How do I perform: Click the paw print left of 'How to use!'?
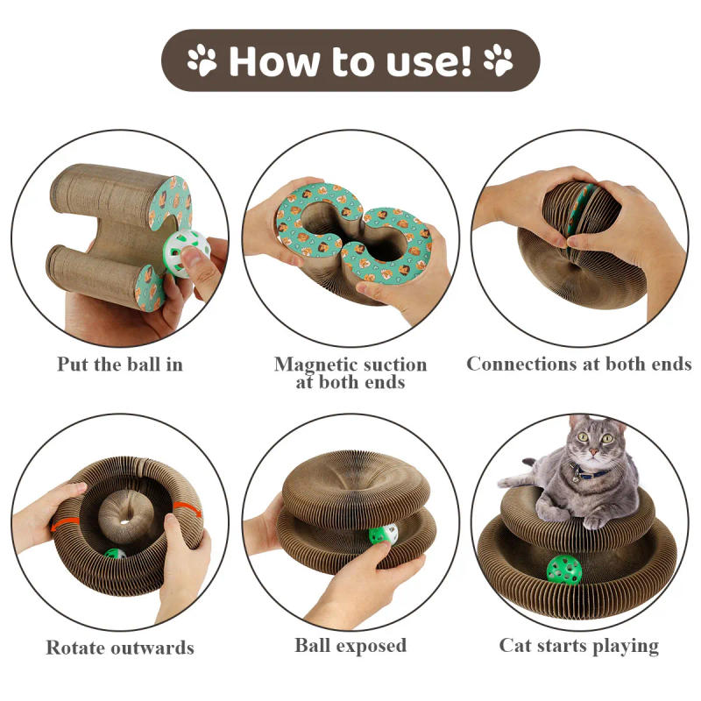201,60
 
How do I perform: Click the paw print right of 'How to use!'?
499,60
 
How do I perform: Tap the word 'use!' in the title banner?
424,61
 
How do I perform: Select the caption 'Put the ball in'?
120,364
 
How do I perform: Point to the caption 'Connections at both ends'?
578,364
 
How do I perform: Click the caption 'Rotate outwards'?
120,648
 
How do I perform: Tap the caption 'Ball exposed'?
350,646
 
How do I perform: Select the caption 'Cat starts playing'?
578,646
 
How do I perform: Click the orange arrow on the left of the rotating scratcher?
60,525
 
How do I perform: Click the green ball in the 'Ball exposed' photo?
379,535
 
